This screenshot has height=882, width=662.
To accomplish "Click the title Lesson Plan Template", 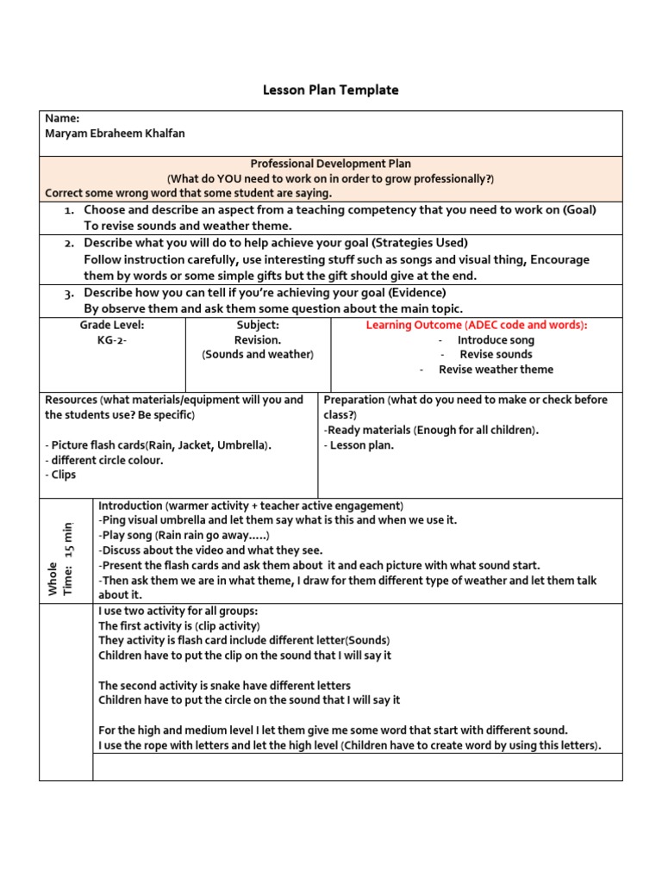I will (x=331, y=90).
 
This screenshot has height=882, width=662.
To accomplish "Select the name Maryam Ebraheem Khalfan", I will (x=115, y=134).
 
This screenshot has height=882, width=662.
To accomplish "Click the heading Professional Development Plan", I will (x=330, y=164).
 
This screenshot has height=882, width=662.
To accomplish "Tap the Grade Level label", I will (x=112, y=325).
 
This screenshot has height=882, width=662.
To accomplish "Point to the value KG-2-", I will (x=112, y=339).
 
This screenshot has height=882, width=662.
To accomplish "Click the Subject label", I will (x=258, y=325).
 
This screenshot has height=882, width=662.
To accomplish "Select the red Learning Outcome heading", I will (x=477, y=325).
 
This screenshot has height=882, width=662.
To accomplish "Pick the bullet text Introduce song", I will (x=496, y=340).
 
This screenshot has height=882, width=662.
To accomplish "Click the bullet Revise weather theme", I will (x=496, y=370).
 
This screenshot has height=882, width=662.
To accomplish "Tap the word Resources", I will (x=72, y=400).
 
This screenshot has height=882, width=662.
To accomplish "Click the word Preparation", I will (x=353, y=400).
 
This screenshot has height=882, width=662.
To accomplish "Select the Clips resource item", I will (x=63, y=475).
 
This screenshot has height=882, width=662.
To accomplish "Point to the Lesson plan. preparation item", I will (x=362, y=445).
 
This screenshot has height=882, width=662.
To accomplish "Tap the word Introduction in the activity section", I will (x=130, y=506).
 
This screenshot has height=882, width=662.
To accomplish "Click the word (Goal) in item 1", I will (x=578, y=210).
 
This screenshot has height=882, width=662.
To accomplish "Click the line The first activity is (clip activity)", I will (x=179, y=626).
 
